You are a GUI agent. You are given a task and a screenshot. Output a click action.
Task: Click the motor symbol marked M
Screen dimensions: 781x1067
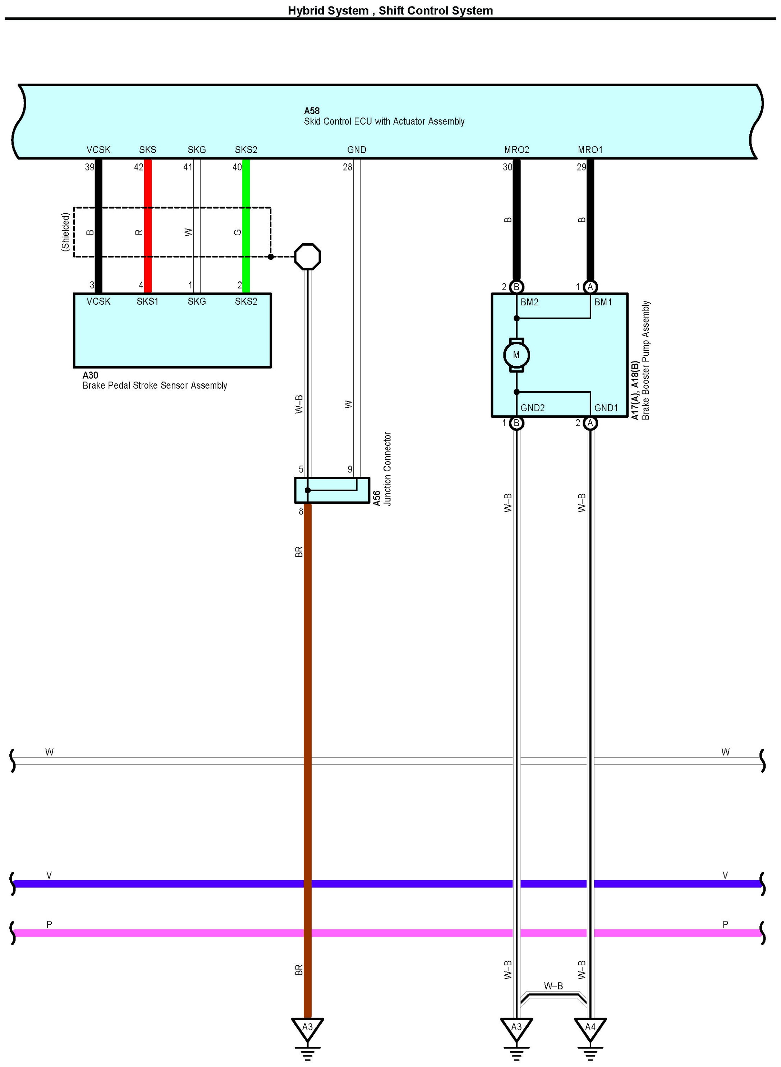click(x=516, y=355)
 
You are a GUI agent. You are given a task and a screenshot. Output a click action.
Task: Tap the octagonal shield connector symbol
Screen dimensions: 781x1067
click(x=307, y=257)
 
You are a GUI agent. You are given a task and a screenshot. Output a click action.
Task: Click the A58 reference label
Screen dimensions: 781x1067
click(x=312, y=111)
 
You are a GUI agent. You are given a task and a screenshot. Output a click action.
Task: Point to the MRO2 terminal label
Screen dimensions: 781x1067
click(x=516, y=150)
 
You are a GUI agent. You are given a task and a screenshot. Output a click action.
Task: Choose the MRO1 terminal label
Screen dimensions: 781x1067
click(x=590, y=150)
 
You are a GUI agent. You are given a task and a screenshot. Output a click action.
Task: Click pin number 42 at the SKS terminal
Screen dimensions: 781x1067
click(x=138, y=167)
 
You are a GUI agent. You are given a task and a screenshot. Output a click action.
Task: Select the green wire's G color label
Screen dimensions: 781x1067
click(x=237, y=232)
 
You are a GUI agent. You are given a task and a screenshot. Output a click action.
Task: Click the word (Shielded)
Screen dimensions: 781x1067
click(x=65, y=232)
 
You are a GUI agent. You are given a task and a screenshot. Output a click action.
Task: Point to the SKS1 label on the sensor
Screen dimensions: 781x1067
click(x=147, y=301)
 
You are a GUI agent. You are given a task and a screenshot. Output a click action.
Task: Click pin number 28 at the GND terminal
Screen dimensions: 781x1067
click(x=348, y=167)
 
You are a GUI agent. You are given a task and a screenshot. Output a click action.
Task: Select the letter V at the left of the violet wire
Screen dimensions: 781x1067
click(x=49, y=875)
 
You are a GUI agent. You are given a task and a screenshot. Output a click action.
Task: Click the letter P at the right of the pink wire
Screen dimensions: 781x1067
click(x=725, y=924)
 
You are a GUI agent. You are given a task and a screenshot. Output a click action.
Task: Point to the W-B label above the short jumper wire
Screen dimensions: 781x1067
click(x=553, y=986)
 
